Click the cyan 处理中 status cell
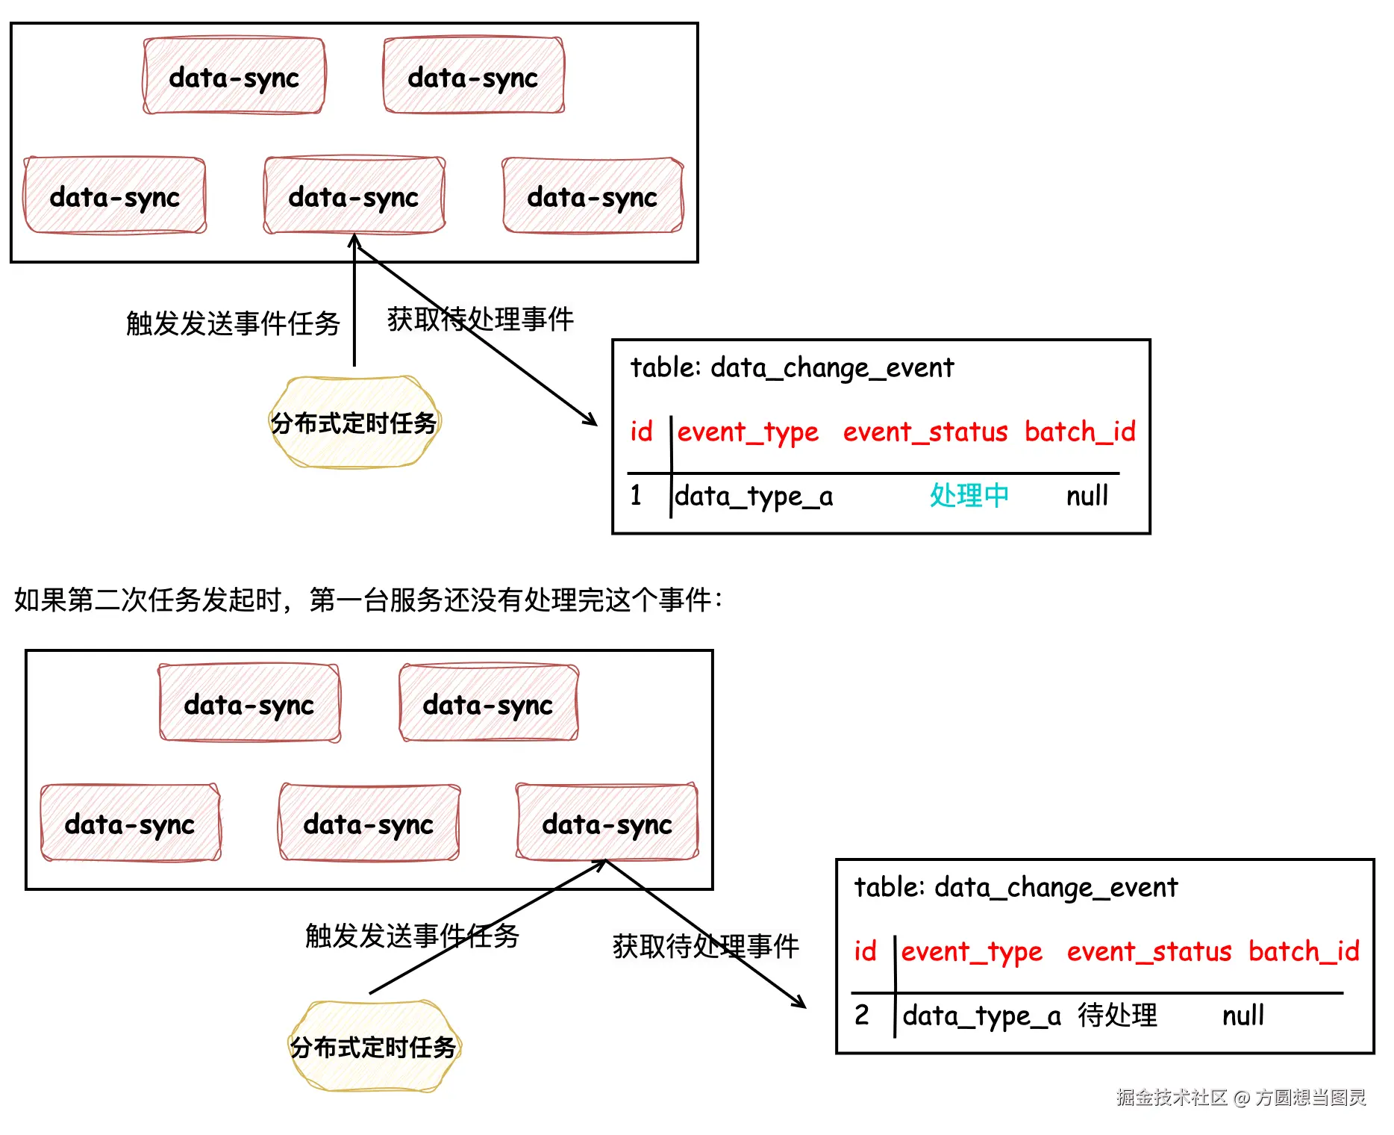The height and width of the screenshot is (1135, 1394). click(x=969, y=495)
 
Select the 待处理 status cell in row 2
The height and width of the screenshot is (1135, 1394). click(x=1117, y=1015)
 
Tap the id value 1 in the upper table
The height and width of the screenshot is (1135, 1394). click(x=636, y=495)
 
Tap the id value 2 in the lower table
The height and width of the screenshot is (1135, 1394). click(x=862, y=1015)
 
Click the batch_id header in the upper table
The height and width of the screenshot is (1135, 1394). click(x=1079, y=431)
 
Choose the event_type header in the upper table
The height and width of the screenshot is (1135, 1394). click(x=747, y=432)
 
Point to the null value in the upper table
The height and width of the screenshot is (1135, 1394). click(x=1087, y=495)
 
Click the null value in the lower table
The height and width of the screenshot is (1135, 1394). click(x=1243, y=1015)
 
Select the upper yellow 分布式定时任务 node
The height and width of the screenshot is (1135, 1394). click(x=354, y=423)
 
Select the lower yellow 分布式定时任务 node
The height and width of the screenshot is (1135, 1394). click(x=373, y=1047)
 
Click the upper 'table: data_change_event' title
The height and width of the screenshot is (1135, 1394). click(x=792, y=367)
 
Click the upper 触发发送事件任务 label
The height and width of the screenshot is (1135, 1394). click(x=233, y=323)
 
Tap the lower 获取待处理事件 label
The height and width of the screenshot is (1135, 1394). click(x=705, y=946)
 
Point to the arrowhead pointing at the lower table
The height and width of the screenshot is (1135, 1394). click(x=801, y=1003)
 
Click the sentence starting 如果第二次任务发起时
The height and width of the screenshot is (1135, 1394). click(x=368, y=600)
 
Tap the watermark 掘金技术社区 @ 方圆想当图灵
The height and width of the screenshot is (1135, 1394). click(x=1240, y=1097)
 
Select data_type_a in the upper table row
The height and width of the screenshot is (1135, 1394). click(x=754, y=496)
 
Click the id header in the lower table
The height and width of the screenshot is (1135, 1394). click(x=865, y=951)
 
